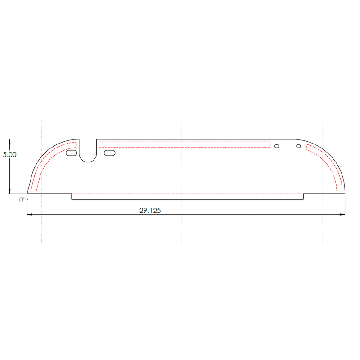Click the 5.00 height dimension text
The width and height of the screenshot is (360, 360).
9,154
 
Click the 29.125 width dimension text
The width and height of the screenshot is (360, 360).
150,211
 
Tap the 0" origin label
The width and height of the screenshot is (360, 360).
22,200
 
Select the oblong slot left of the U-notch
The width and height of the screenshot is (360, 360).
72,153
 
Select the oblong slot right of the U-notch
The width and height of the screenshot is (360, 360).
109,153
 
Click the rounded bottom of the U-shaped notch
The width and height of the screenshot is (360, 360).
88,162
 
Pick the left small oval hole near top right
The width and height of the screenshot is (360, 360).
277,146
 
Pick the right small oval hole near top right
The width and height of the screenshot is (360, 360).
298,146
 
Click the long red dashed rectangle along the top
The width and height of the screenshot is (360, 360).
184,142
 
